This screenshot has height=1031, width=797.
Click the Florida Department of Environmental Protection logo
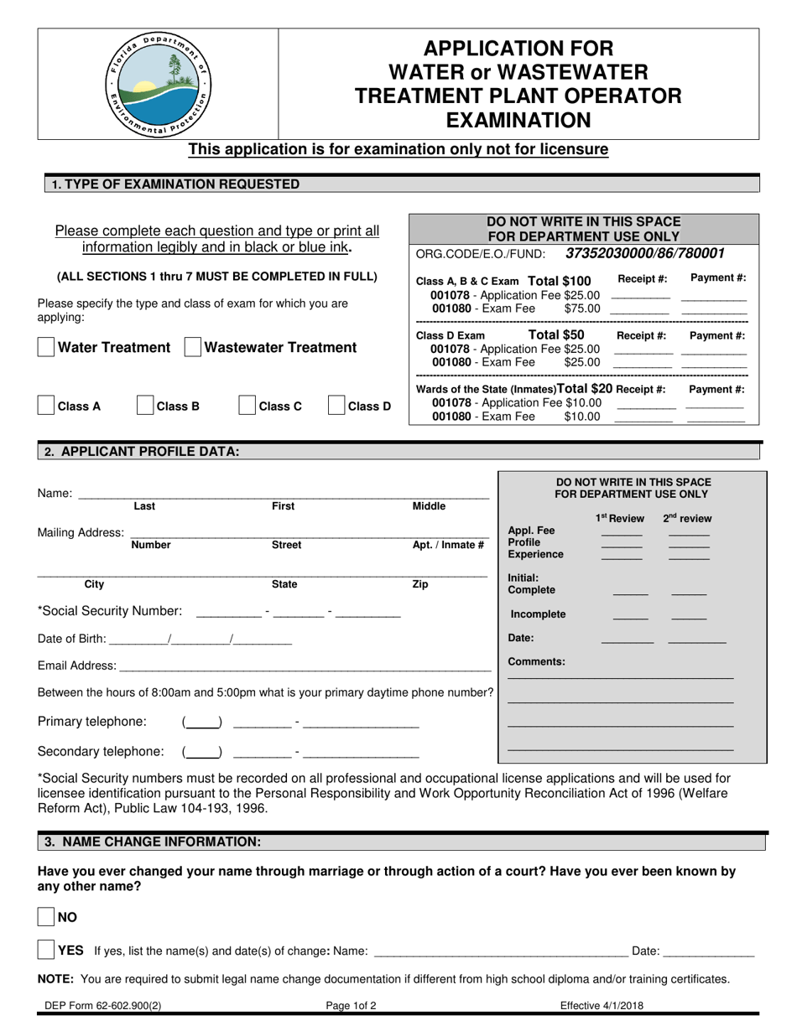coord(158,84)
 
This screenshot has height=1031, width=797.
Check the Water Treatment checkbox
coord(47,347)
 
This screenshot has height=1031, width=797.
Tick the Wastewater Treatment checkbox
coord(193,347)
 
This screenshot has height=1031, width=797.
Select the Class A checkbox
coord(47,407)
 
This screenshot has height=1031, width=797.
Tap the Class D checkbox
coord(336,407)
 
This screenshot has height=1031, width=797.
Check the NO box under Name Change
coord(47,917)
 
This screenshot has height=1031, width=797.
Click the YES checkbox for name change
coord(47,951)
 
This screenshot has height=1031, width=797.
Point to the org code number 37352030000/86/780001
coord(645,253)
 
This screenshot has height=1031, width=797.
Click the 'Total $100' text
coord(560,281)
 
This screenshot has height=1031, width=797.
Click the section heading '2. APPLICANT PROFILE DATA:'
coord(142,452)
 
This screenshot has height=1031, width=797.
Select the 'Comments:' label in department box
coord(537,661)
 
